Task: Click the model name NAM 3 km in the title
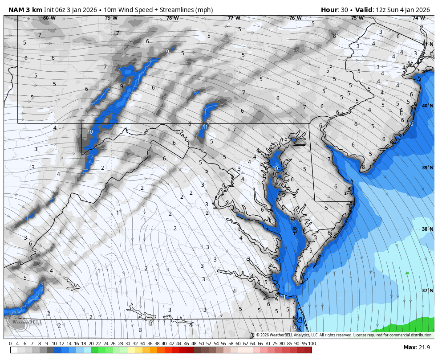click(x=25, y=10)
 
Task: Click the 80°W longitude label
click(x=49, y=18)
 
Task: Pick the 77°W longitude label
click(x=234, y=18)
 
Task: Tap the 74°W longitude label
click(x=418, y=18)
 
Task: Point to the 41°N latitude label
click(x=427, y=44)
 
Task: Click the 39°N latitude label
click(x=427, y=168)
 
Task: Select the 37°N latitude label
click(x=427, y=291)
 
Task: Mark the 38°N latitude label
click(x=427, y=229)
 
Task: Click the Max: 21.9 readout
click(x=416, y=348)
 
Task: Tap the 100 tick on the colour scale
click(x=312, y=344)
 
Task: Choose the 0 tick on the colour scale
click(x=10, y=344)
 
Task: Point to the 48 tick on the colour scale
click(x=194, y=344)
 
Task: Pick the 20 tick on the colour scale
click(x=91, y=344)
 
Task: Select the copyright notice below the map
click(x=344, y=335)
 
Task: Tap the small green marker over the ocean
click(x=407, y=273)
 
